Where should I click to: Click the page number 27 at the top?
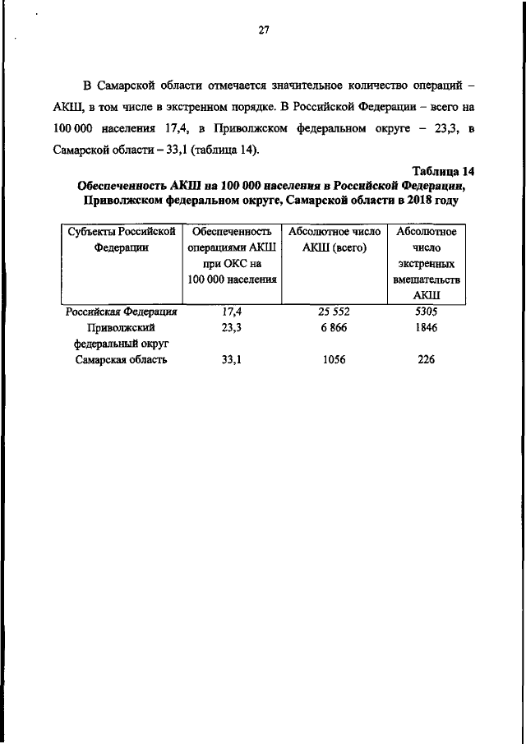coord(264,31)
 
